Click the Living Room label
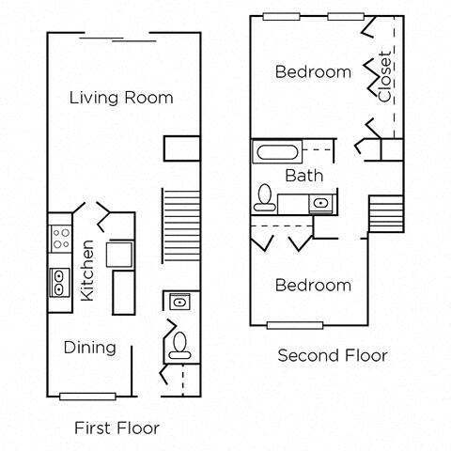[122, 97]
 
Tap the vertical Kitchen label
[87, 269]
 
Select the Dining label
[90, 348]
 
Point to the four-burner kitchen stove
[60, 238]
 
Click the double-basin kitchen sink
[59, 281]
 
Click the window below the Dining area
[87, 395]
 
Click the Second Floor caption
[333, 355]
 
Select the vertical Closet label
[385, 75]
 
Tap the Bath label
[303, 176]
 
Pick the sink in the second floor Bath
[320, 201]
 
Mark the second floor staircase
[385, 211]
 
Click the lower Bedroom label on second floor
[313, 285]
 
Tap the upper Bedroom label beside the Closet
[313, 71]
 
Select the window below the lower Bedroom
[295, 325]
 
